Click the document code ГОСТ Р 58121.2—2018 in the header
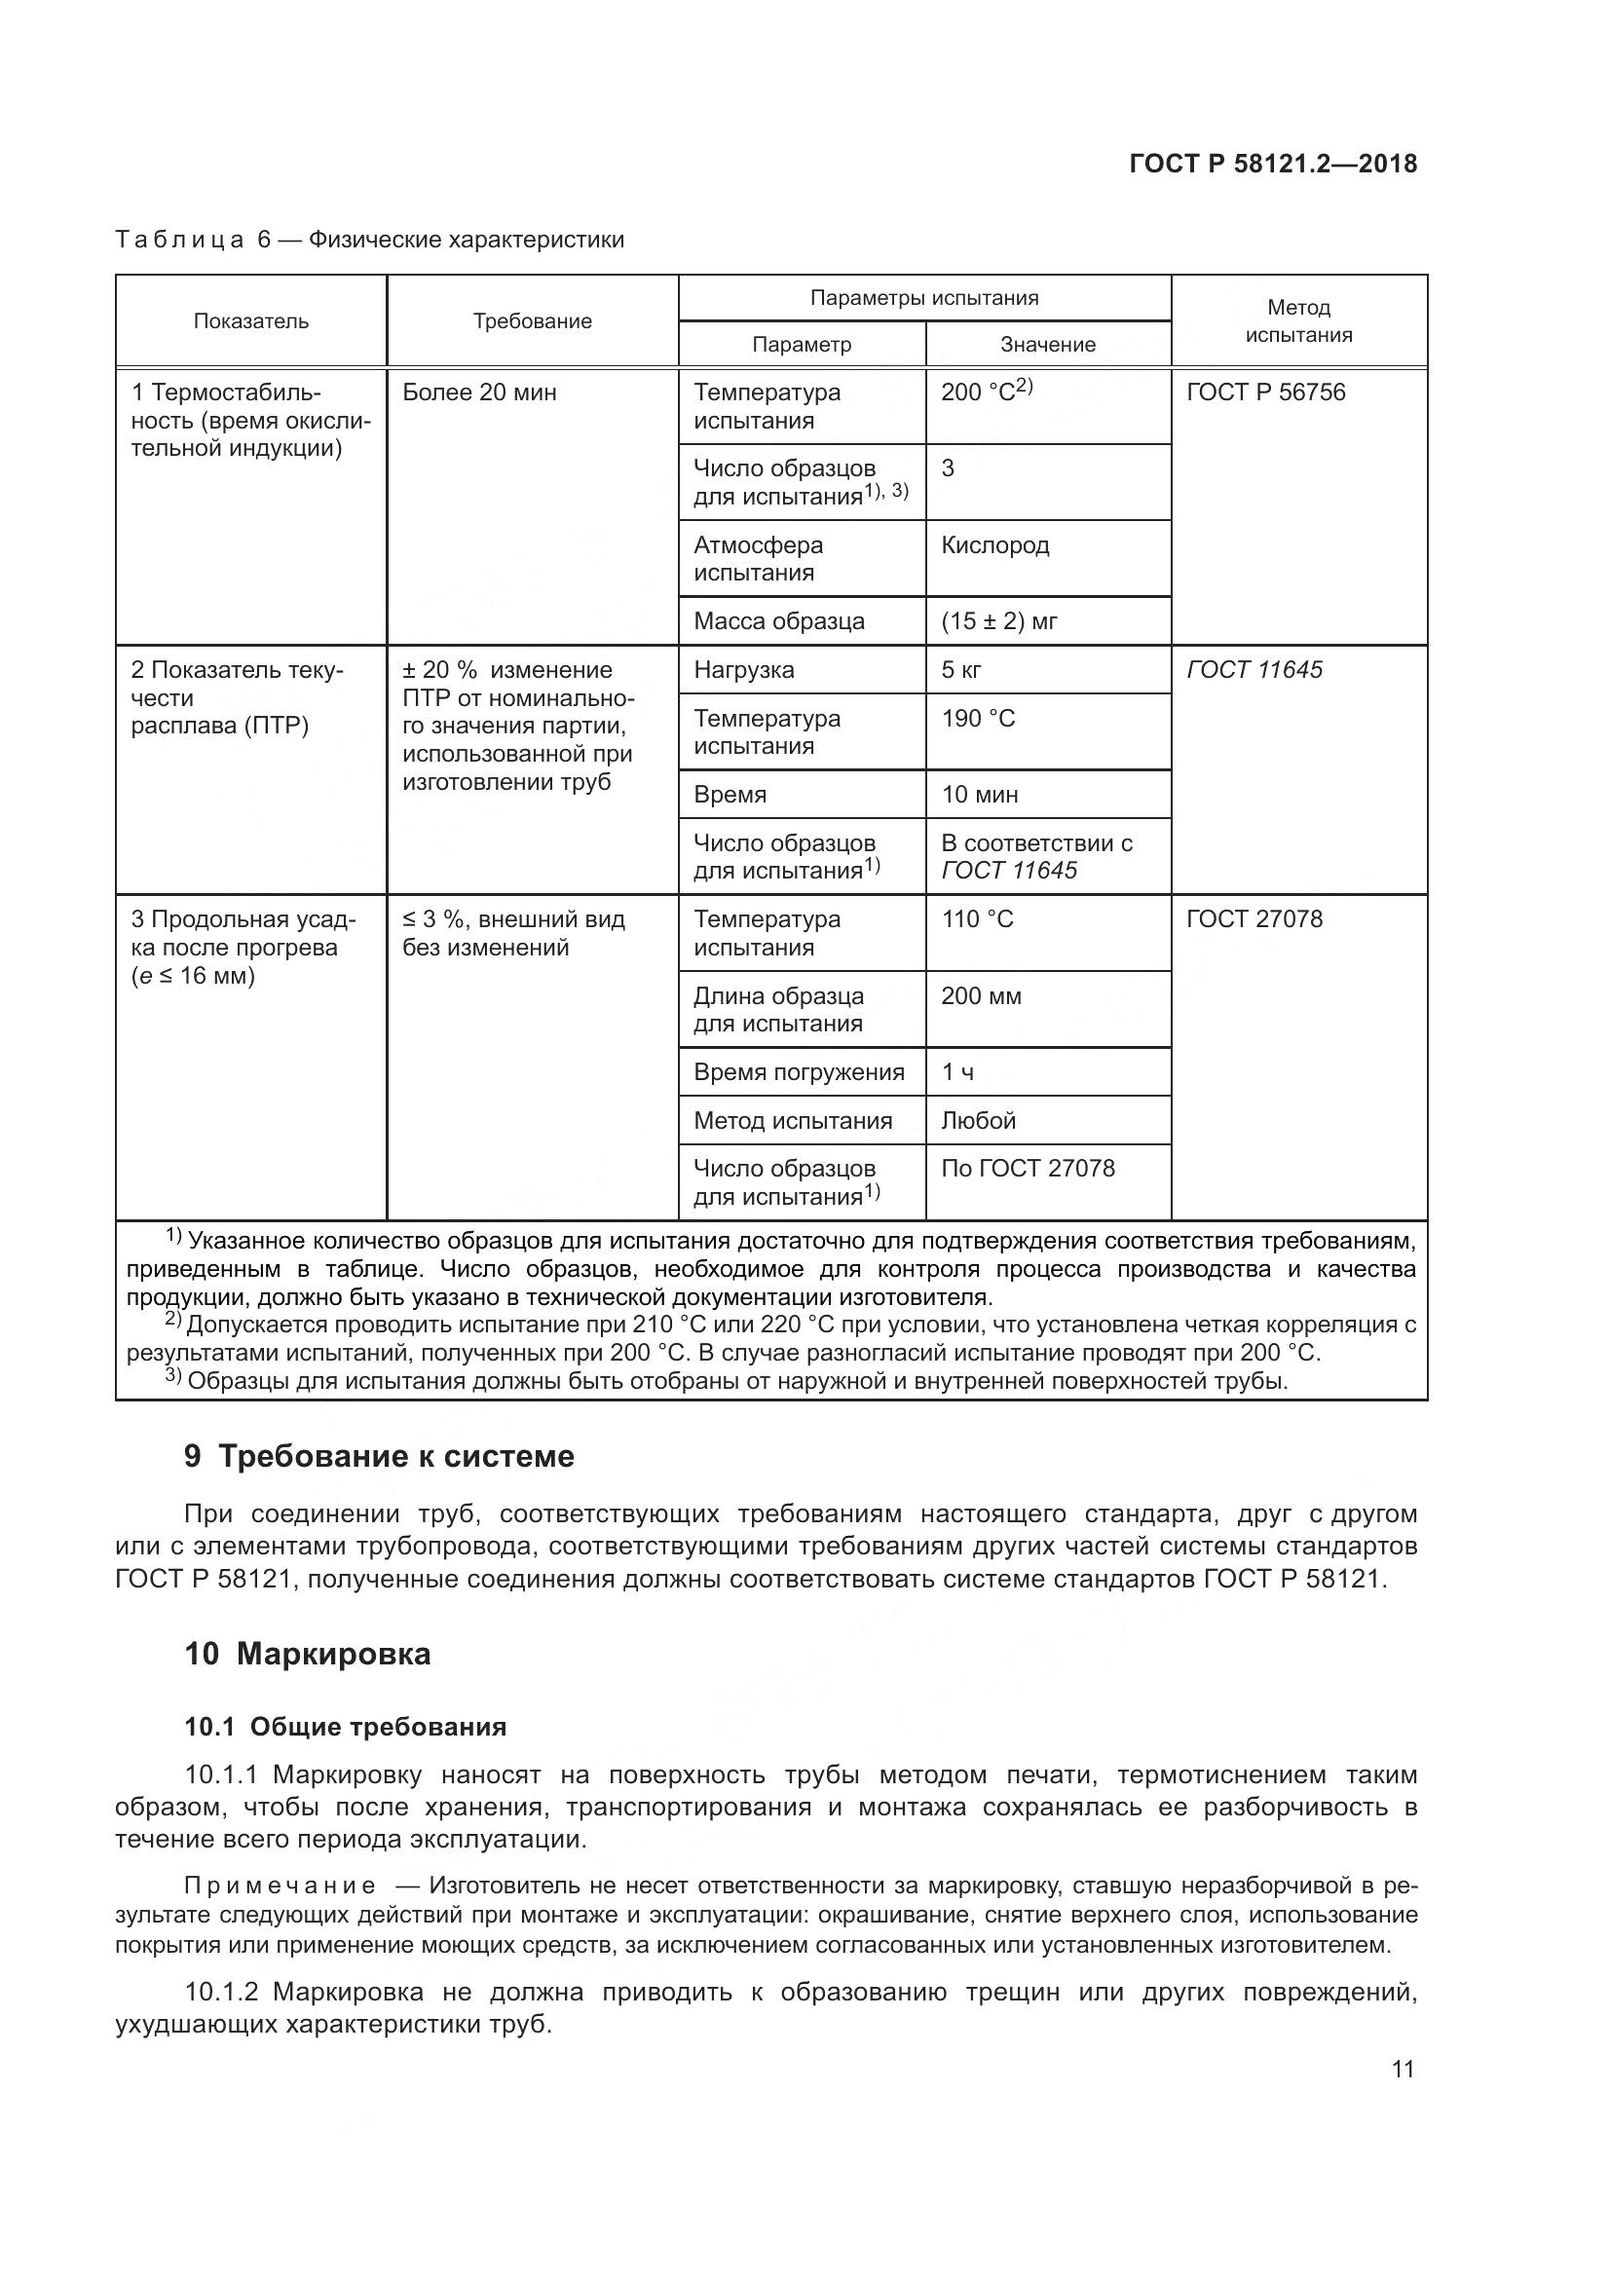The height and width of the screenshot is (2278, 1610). coord(1273,164)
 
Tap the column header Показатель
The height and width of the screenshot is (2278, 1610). coord(251,320)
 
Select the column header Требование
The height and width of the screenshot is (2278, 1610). coord(532,320)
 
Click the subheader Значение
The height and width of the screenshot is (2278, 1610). coord(1048,344)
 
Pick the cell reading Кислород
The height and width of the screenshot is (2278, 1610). coord(995,544)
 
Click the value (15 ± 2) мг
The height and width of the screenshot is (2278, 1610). coord(999,621)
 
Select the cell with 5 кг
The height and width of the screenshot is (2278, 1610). coord(961,670)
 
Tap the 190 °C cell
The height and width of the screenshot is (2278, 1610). coord(978,719)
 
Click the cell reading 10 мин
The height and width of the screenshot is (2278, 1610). coord(979,795)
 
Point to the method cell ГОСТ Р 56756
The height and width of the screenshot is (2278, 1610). coord(1266,392)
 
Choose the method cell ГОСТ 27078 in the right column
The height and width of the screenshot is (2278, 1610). coord(1254,918)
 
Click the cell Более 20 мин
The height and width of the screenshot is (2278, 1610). coord(479,392)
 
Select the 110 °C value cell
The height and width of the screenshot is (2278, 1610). coord(977,918)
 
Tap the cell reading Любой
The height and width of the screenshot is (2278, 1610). coord(978,1120)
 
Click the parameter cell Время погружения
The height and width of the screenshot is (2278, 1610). coord(799,1071)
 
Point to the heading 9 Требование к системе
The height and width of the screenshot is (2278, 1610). coord(379,1455)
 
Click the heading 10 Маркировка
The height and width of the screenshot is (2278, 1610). coord(308,1654)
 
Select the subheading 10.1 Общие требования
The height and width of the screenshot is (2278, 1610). coord(345,1727)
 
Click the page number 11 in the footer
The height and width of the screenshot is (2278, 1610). coord(1402,2069)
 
